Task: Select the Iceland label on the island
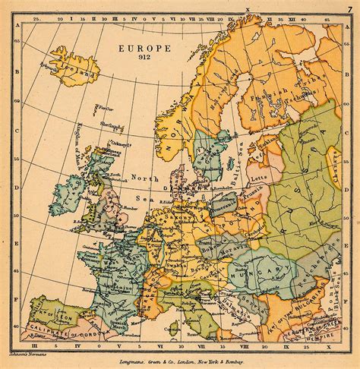click(81, 72)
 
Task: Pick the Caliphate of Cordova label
click(42, 332)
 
